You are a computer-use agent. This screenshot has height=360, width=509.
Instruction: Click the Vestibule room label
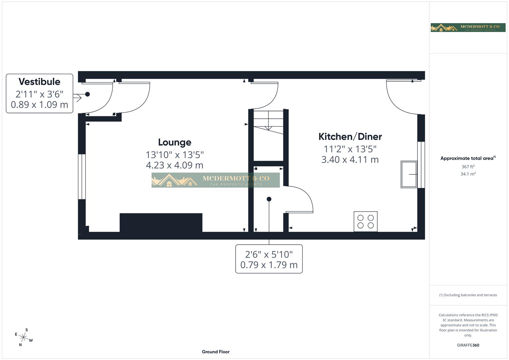click(x=39, y=82)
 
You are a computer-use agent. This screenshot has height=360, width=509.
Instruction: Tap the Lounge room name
click(x=174, y=142)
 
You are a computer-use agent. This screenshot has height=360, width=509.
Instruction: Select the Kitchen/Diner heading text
click(x=350, y=137)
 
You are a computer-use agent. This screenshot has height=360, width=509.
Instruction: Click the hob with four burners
click(x=365, y=222)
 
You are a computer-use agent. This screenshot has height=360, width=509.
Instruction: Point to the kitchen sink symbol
click(x=409, y=174)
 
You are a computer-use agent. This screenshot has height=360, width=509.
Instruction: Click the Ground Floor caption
click(x=216, y=352)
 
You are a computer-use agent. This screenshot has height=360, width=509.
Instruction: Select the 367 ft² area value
click(x=468, y=167)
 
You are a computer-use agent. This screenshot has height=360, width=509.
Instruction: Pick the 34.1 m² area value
click(x=468, y=174)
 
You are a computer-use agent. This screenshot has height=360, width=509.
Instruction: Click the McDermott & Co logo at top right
click(x=468, y=28)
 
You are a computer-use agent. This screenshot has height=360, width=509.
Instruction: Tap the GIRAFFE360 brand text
click(x=468, y=345)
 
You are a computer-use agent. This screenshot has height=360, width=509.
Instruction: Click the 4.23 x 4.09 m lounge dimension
click(x=174, y=165)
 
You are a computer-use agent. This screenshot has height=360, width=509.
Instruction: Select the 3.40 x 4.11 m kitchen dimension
click(x=350, y=160)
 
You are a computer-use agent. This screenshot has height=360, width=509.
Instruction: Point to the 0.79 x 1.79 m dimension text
click(x=269, y=265)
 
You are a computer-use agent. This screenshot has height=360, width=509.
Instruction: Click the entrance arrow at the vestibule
click(x=77, y=98)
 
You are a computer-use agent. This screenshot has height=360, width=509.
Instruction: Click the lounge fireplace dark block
click(x=161, y=222)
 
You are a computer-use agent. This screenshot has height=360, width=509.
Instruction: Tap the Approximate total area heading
click(x=468, y=158)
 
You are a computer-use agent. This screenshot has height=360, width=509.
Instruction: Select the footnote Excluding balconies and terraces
click(x=468, y=295)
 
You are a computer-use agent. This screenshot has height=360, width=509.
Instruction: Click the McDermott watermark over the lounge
click(x=215, y=180)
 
